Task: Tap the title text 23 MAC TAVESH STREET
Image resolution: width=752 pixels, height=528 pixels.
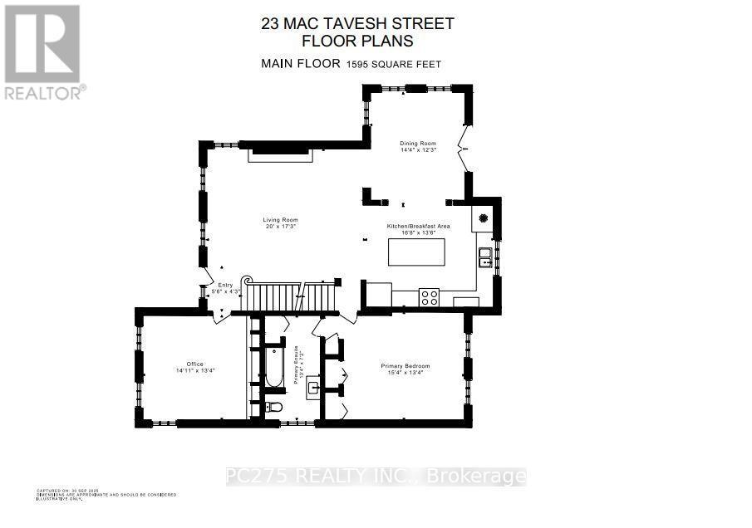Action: click(357, 23)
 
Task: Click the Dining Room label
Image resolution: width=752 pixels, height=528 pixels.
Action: click(418, 144)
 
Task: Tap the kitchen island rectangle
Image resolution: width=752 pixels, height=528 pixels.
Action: click(416, 252)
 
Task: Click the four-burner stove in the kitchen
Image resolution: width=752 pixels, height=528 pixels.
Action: click(430, 297)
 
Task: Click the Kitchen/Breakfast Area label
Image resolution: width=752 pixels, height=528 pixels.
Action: click(418, 227)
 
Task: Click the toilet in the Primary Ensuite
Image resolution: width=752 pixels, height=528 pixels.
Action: click(274, 407)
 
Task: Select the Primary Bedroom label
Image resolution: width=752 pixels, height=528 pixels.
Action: click(405, 366)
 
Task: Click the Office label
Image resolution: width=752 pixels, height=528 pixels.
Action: click(195, 364)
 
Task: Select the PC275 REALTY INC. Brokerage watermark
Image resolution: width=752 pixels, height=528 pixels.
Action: click(376, 477)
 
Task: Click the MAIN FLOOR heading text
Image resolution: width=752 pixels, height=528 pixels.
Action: click(300, 64)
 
